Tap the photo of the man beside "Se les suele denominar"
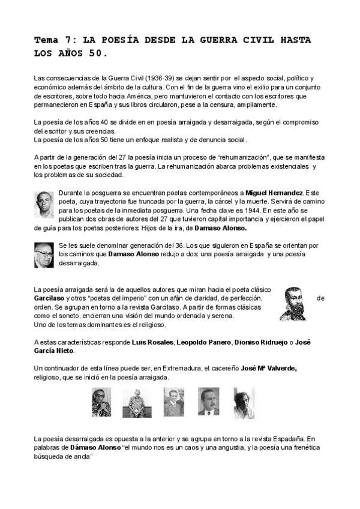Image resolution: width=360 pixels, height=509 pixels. coord(44,255)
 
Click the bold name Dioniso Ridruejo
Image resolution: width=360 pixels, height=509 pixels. coord(262,343)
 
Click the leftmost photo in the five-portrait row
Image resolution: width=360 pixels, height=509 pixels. coord(101,401)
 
